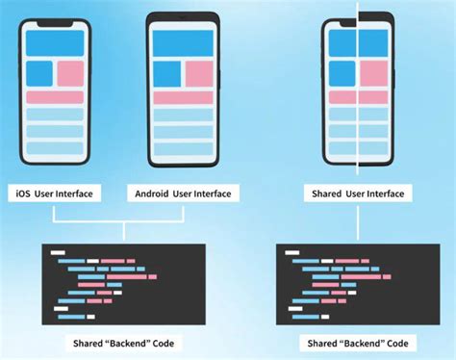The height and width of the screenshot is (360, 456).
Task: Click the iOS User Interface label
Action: coord(55,193)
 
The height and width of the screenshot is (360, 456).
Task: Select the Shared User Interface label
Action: coord(357,193)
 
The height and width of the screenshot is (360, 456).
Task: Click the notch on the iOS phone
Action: coord(55,23)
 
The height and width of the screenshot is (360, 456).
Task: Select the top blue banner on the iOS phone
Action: coord(55,42)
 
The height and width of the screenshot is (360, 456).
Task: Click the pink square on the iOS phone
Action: coord(70,73)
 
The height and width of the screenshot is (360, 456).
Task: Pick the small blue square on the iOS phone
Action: coord(38,73)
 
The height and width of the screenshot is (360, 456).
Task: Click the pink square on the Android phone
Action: coord(198,73)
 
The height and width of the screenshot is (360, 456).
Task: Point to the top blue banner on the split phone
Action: coord(357,42)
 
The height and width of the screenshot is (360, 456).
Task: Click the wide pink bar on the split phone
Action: coord(357,97)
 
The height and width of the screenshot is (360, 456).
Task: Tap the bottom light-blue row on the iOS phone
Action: coord(55,148)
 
